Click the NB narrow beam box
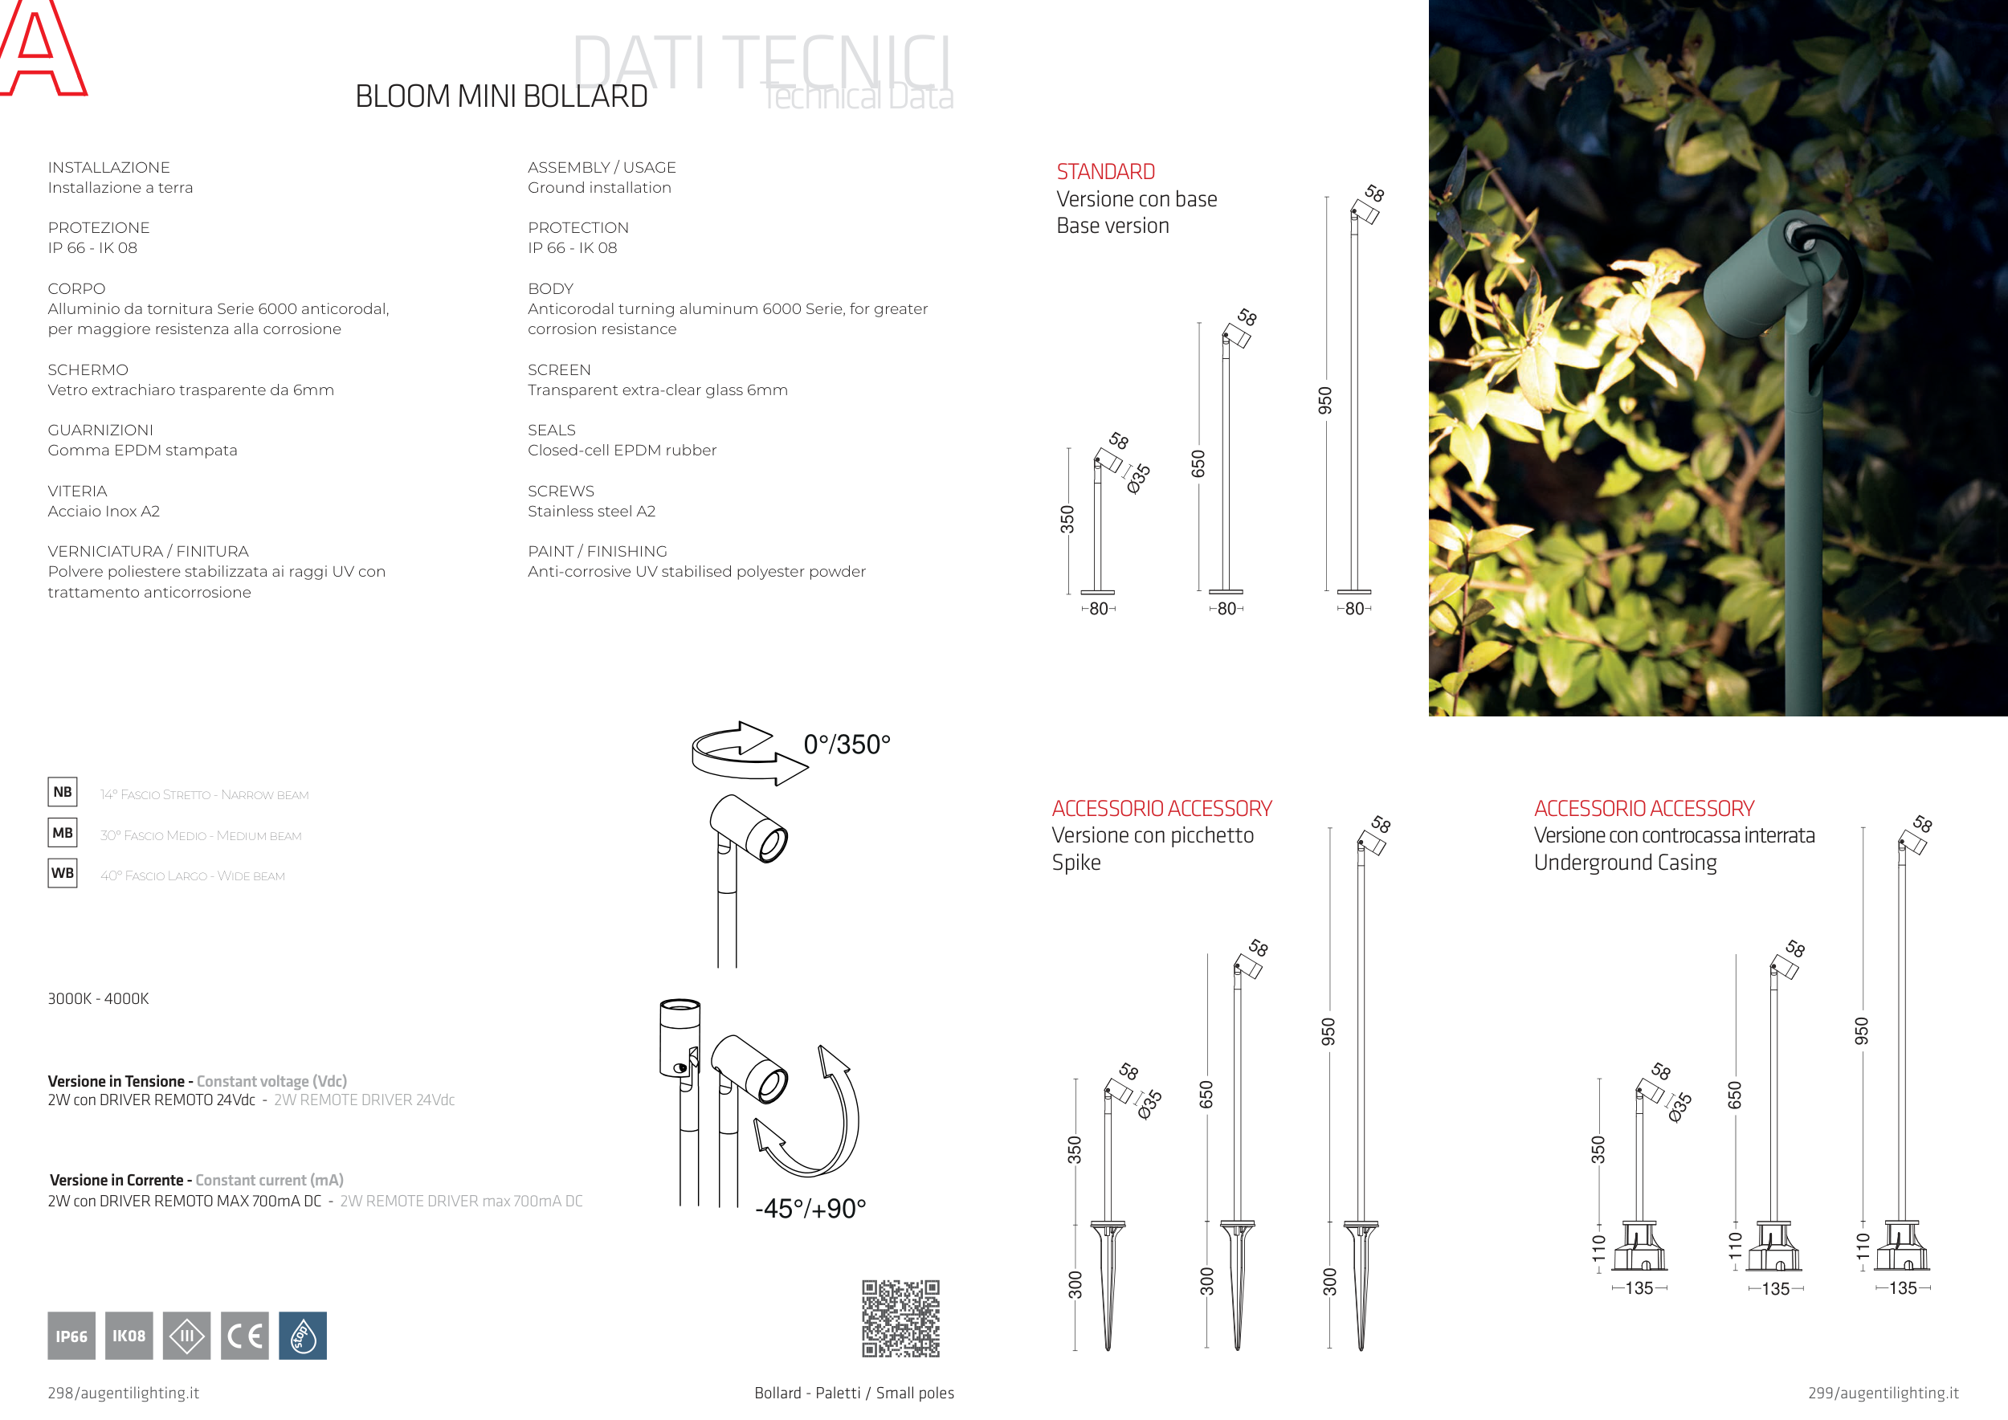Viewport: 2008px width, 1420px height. [x=62, y=792]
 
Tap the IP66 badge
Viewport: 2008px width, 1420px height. [x=71, y=1335]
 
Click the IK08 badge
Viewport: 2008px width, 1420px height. [x=129, y=1335]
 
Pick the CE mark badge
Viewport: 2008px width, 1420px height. [x=244, y=1335]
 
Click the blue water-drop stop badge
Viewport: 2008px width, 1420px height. [x=303, y=1335]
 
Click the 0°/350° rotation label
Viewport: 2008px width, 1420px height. [x=847, y=744]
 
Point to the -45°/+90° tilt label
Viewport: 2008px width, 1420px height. [x=810, y=1209]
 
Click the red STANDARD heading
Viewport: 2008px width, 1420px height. [x=1105, y=171]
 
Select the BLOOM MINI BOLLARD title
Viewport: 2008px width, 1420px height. [x=501, y=96]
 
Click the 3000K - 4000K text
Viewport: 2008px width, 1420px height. [x=98, y=998]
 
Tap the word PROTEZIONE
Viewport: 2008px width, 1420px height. [x=99, y=227]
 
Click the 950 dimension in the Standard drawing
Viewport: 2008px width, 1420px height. [x=1325, y=401]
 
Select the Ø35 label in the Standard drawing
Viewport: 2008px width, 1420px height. [x=1138, y=479]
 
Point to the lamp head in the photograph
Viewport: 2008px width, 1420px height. [x=1758, y=271]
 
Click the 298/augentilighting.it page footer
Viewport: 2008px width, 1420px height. [x=124, y=1393]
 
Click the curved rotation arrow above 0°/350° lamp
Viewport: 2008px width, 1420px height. [x=748, y=752]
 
